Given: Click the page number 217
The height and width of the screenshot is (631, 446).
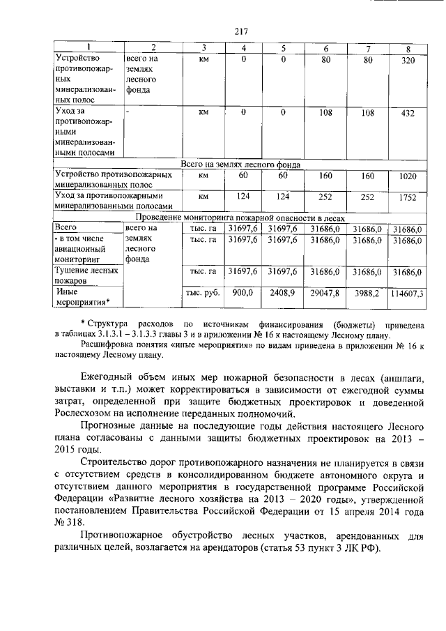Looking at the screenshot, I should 241,31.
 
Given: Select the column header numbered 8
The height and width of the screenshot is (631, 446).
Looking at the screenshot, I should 408,48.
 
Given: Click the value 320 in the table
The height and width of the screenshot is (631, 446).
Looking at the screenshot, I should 408,61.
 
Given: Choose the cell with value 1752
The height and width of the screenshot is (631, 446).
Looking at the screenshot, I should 408,197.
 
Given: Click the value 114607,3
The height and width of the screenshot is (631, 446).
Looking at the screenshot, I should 408,294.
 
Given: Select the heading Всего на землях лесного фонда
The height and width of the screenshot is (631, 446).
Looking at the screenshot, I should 240,165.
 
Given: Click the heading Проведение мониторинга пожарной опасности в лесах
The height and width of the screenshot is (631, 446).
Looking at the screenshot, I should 240,218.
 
